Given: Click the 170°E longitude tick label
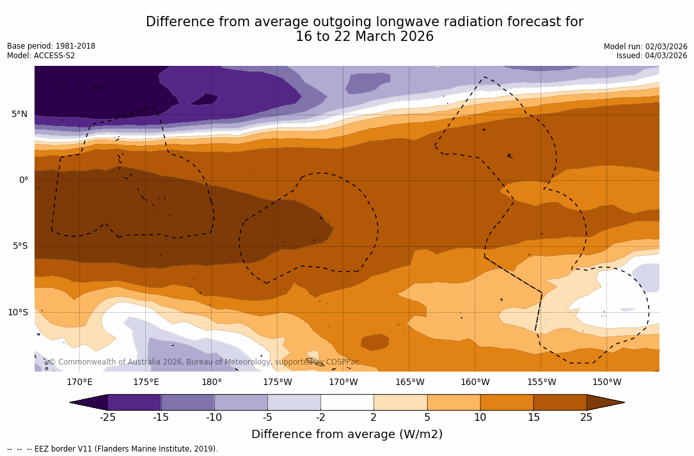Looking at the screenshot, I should (80, 382).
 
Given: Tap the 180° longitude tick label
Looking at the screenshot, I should (212, 382).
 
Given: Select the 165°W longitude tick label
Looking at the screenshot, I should (409, 382).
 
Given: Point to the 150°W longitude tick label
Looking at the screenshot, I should (607, 382).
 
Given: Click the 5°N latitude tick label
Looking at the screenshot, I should (19, 114).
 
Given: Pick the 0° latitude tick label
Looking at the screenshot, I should (23, 180).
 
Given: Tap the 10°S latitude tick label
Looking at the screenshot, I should (17, 313).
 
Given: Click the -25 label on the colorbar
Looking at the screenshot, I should (107, 418).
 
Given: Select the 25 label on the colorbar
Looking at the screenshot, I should (586, 418).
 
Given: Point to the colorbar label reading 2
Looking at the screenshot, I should (374, 418).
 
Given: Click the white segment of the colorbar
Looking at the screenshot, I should (347, 402).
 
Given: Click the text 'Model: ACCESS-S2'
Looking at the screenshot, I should (41, 56).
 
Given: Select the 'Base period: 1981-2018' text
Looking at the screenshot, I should (51, 46).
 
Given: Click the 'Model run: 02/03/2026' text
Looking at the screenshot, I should (645, 47).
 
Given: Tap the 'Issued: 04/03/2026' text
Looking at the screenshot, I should (652, 56).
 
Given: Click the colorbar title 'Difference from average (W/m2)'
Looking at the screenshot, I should (347, 434).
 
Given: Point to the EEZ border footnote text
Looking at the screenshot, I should (113, 449).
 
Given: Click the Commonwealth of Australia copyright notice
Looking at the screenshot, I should (203, 362).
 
